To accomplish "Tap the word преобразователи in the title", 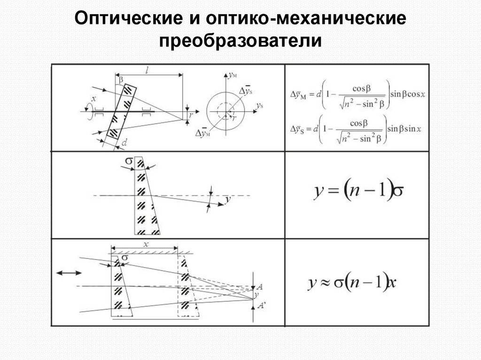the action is tap(240, 41).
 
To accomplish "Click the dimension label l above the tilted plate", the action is tap(147, 70).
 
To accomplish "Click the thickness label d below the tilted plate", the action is tap(124, 142).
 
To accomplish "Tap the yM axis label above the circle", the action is tap(233, 75).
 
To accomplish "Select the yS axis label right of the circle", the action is tap(259, 107).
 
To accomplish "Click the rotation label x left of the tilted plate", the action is tap(94, 99).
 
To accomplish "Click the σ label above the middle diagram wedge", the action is tap(129, 162).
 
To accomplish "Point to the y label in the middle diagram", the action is tap(228, 200).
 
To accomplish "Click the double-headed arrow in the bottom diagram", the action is tap(69, 272).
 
